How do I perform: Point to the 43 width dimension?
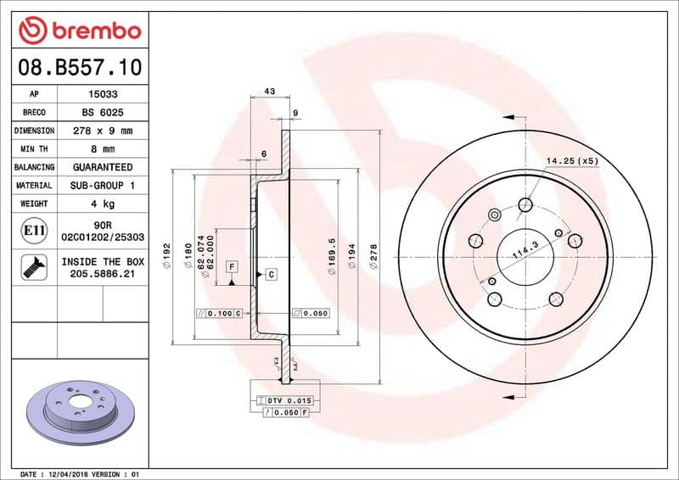click(270, 91)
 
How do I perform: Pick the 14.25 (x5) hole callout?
click(571, 159)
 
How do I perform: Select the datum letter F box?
click(231, 267)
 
